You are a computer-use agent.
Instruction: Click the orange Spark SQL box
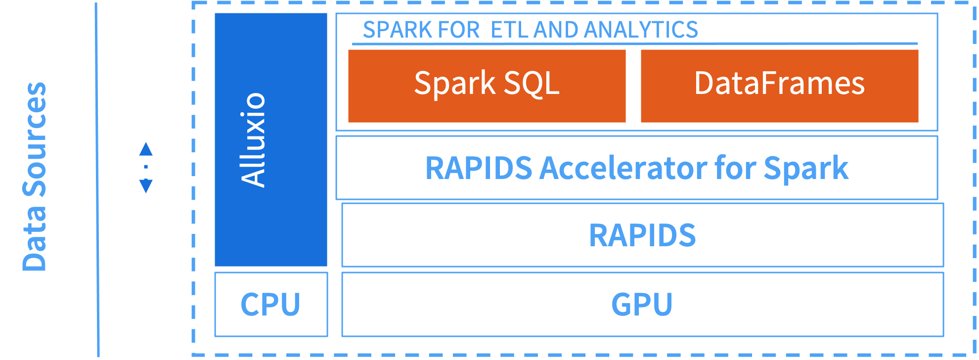[487, 86]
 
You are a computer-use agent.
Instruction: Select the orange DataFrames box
[780, 86]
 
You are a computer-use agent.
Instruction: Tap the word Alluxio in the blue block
[253, 140]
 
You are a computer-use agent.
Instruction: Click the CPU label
[270, 304]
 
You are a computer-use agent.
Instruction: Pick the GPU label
[642, 304]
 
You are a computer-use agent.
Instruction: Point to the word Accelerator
[623, 168]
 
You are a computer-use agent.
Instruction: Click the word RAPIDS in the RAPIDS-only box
[642, 235]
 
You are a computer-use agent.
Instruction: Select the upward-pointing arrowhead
[146, 149]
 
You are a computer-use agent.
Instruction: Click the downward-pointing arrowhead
[146, 186]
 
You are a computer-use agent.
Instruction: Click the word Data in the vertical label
[35, 238]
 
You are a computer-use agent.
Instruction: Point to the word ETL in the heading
[510, 30]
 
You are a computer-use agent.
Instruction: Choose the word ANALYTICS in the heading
[641, 30]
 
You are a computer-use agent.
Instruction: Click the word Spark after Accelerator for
[806, 169]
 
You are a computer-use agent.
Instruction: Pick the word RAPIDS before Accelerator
[479, 168]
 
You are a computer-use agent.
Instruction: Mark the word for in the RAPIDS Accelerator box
[735, 168]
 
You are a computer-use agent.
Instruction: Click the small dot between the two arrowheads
[146, 167]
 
